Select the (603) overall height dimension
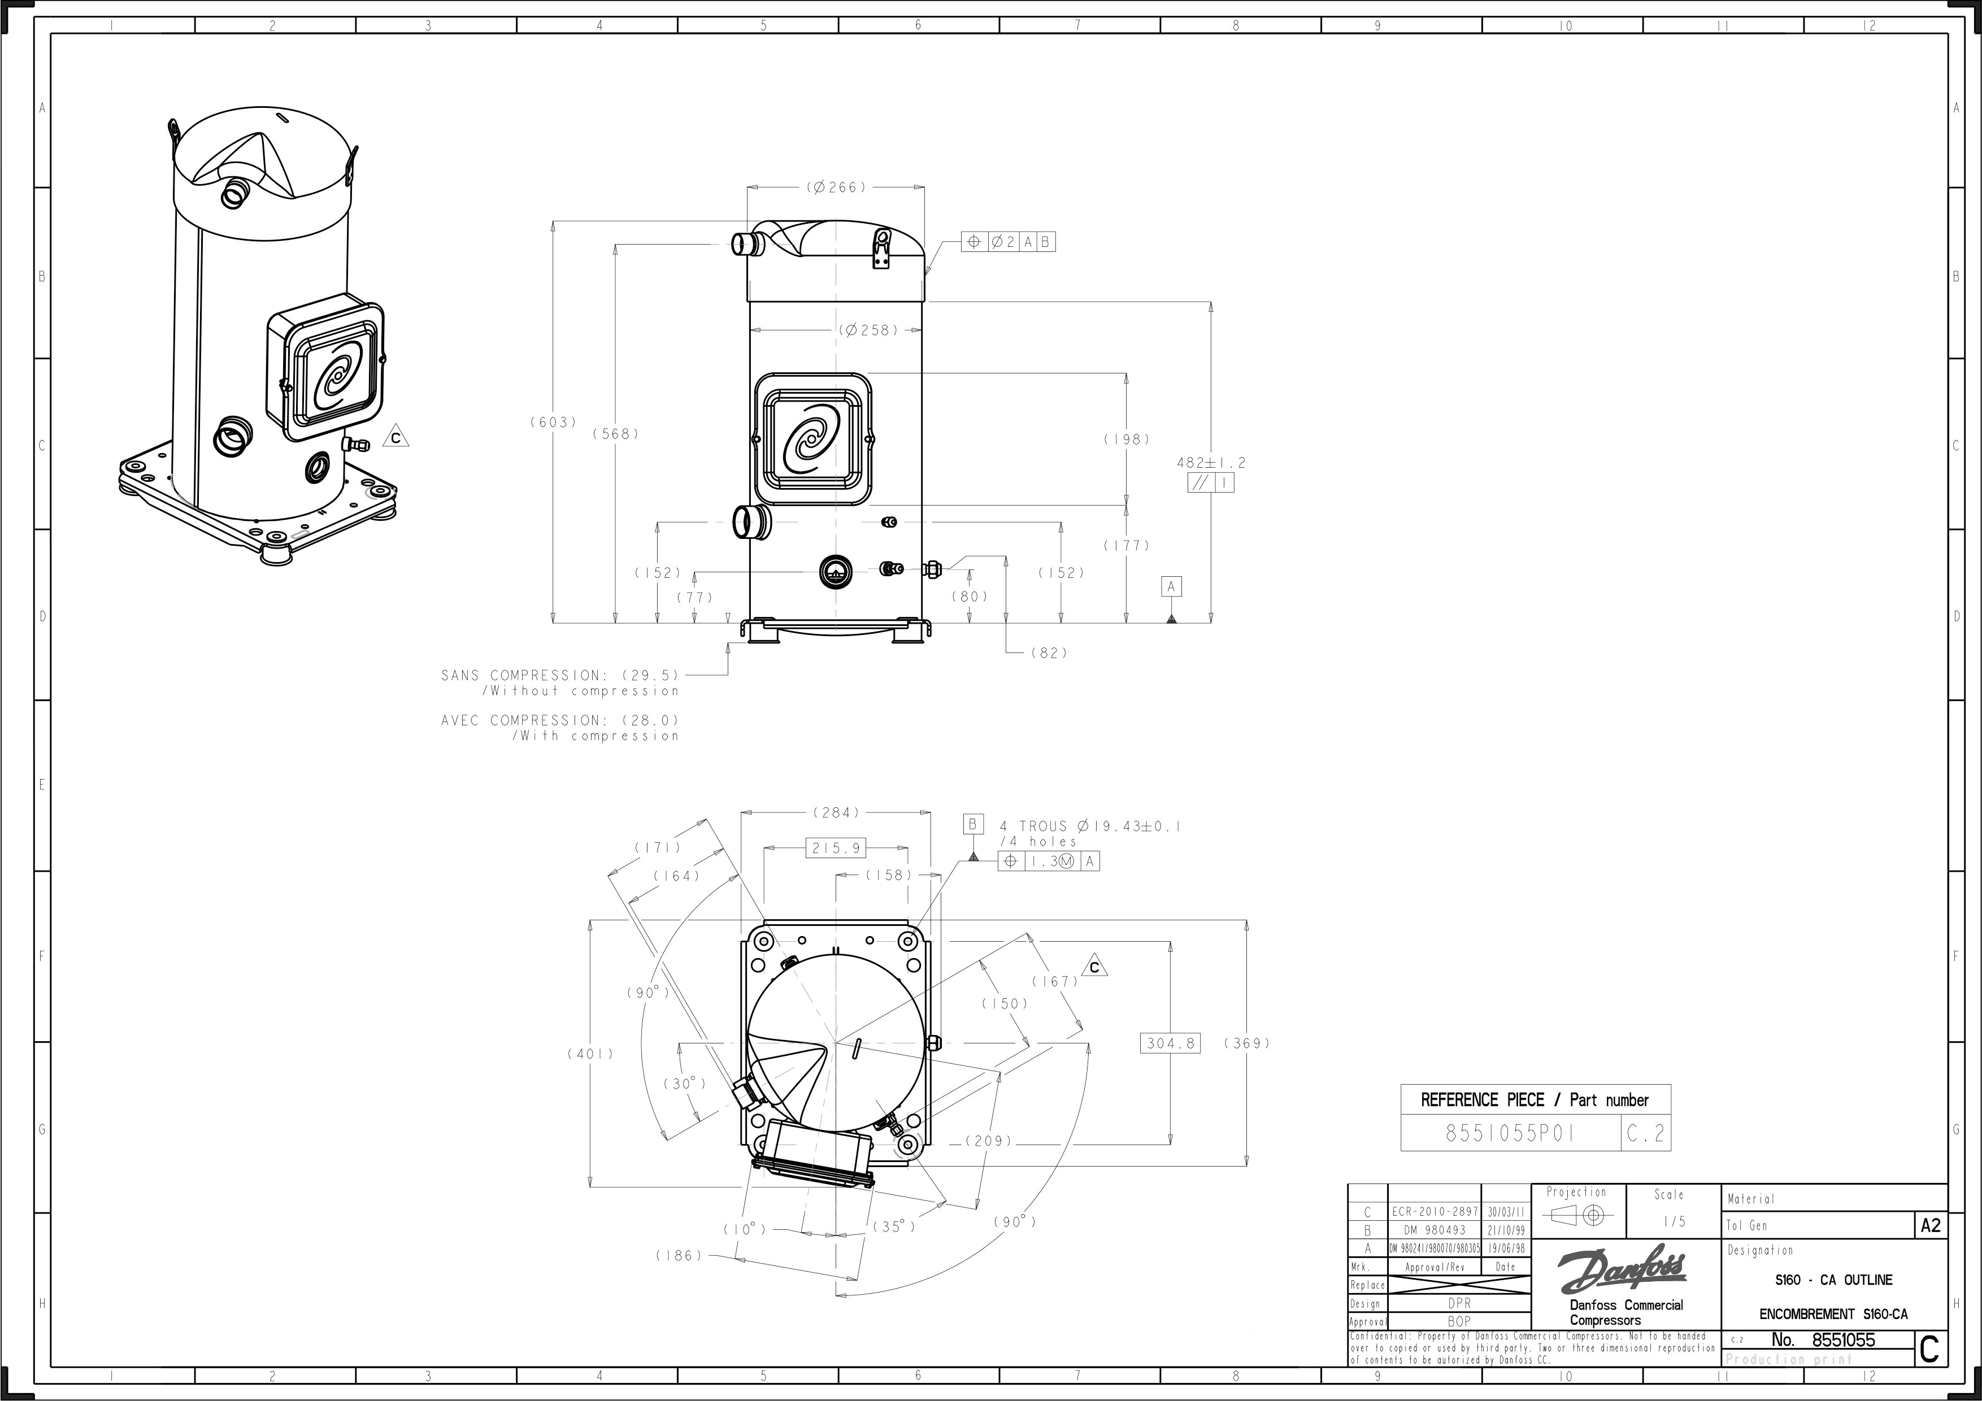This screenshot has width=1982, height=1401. tap(553, 422)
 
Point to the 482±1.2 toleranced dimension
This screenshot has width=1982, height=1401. tap(1210, 463)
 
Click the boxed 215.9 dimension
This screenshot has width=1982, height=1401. tap(836, 848)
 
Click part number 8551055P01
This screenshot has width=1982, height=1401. tap(1510, 1133)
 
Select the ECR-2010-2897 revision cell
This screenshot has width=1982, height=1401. tap(1434, 1212)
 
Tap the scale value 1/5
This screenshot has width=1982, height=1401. tap(1674, 1221)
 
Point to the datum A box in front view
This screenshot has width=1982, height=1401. tap(1171, 587)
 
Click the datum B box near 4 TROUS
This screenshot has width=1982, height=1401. tap(973, 824)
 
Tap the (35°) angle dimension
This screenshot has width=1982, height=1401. tap(893, 1226)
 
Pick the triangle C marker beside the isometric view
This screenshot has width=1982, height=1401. tap(395, 438)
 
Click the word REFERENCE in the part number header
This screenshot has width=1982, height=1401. tap(1458, 1100)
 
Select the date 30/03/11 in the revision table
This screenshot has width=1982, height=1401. tap(1506, 1212)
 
